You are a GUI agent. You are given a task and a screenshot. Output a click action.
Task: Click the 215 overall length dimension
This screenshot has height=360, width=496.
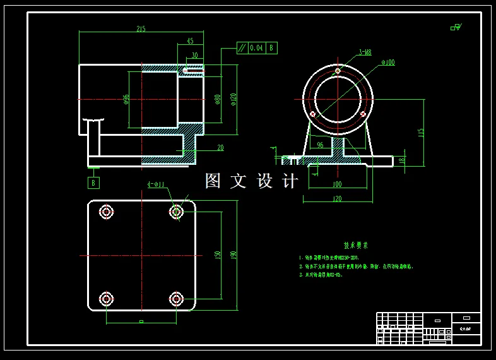tap(140, 28)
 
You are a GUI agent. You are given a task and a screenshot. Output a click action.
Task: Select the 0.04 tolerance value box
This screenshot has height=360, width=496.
tap(257, 47)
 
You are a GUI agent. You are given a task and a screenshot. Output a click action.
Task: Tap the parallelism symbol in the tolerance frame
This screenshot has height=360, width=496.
tap(242, 47)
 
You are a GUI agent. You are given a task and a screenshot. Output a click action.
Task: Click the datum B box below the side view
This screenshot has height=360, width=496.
tap(94, 183)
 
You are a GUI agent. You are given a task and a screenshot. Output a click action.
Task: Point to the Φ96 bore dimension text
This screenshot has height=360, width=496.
tap(126, 100)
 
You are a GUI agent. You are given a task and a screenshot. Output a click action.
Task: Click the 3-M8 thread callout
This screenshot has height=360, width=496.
tap(364, 52)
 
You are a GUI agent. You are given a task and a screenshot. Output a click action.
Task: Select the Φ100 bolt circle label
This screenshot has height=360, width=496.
tap(388, 63)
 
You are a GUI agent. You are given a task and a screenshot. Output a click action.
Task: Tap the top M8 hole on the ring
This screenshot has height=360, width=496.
tap(338, 71)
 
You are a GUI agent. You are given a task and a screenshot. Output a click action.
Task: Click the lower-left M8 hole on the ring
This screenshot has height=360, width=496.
tap(312, 114)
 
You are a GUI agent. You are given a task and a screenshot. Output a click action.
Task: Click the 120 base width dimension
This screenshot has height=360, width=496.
tap(336, 198)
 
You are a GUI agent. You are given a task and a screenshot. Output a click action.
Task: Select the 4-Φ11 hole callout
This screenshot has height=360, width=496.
tap(155, 184)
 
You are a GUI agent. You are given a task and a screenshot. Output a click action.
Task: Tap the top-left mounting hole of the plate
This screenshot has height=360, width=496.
tap(106, 212)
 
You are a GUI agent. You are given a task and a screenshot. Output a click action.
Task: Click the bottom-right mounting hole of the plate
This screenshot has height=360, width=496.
tap(176, 298)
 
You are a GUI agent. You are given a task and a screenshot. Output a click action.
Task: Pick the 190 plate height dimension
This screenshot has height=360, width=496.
tap(233, 255)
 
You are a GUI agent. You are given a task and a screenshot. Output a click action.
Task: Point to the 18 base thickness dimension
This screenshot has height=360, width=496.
tap(402, 160)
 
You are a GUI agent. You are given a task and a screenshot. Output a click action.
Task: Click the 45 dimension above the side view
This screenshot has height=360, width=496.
tap(190, 41)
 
